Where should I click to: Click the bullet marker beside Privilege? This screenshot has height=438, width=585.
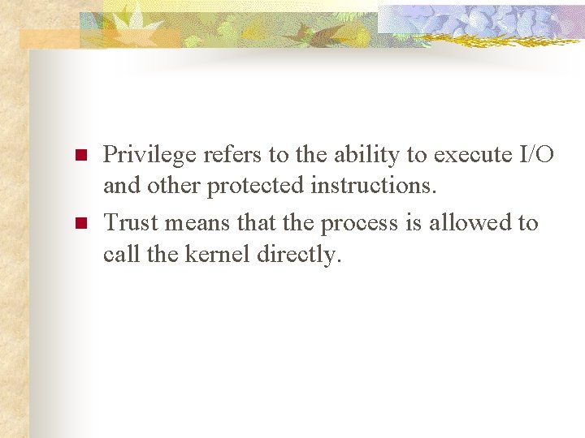(x=80, y=154)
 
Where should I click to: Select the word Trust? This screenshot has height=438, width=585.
(x=130, y=223)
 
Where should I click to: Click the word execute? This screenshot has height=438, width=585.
(x=473, y=153)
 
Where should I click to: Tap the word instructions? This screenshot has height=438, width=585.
(x=375, y=186)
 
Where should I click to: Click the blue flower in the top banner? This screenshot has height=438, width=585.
(x=487, y=20)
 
